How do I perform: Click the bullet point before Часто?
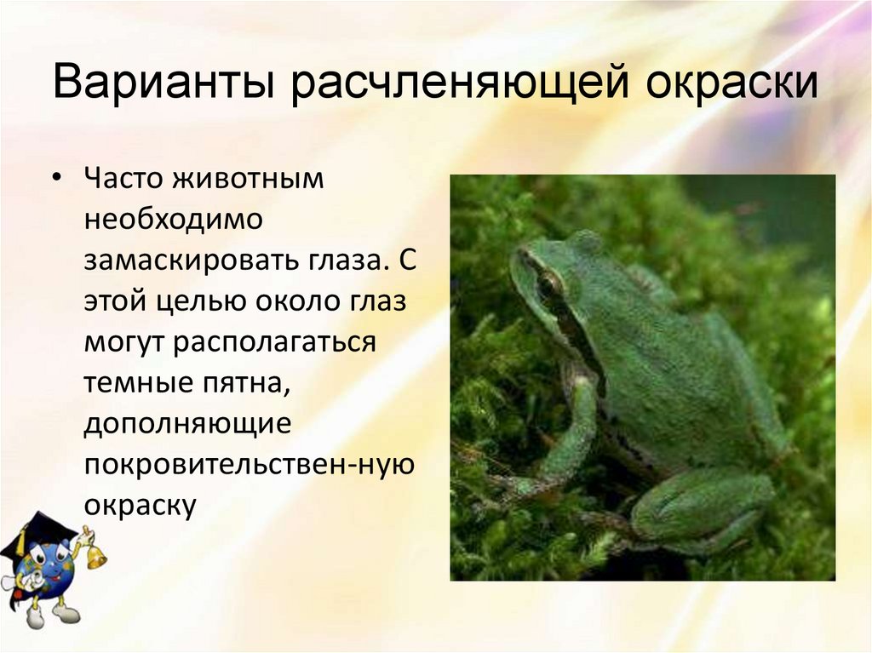[58, 181]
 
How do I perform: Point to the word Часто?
[123, 180]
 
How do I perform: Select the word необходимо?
[174, 220]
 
